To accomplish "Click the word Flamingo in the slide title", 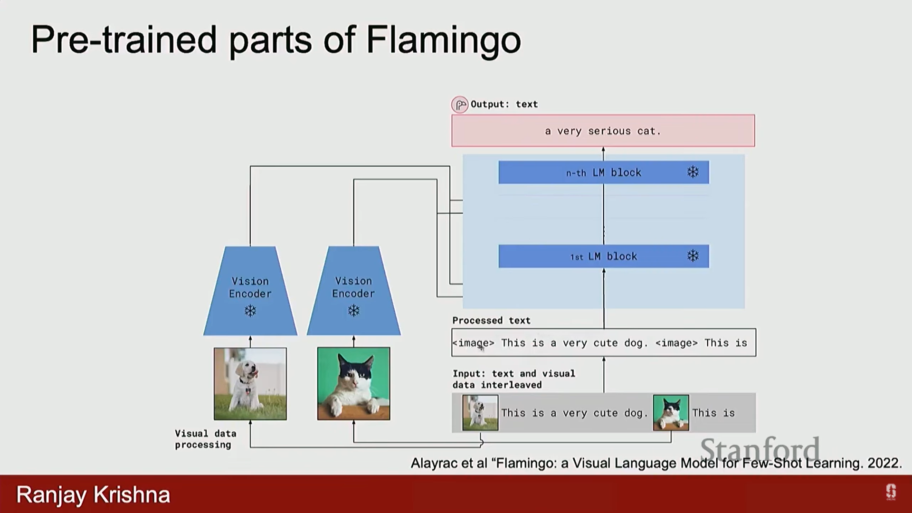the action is pyautogui.click(x=444, y=40).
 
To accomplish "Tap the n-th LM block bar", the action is pyautogui.click(x=604, y=172).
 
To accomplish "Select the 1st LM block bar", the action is pyautogui.click(x=604, y=256).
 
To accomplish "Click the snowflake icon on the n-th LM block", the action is pyautogui.click(x=693, y=172).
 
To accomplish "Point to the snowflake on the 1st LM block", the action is pyautogui.click(x=693, y=256).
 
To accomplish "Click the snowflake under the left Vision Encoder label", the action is pyautogui.click(x=250, y=311).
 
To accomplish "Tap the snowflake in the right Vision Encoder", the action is pyautogui.click(x=354, y=311).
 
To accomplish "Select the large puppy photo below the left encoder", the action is pyautogui.click(x=250, y=384).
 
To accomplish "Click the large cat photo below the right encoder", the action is pyautogui.click(x=354, y=384).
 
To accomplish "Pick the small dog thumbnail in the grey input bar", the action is pyautogui.click(x=480, y=413).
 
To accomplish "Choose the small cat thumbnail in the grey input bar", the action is pyautogui.click(x=671, y=413).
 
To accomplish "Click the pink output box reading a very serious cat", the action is pyautogui.click(x=603, y=131).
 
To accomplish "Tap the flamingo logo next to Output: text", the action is pyautogui.click(x=459, y=104).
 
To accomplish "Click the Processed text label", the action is pyautogui.click(x=491, y=321).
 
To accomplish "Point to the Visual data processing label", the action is pyautogui.click(x=205, y=439).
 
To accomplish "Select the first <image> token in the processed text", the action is pyautogui.click(x=474, y=343).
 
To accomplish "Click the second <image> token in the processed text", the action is pyautogui.click(x=676, y=343).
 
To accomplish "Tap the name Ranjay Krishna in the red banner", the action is pyautogui.click(x=93, y=495).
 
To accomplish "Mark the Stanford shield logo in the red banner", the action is pyautogui.click(x=891, y=492).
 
